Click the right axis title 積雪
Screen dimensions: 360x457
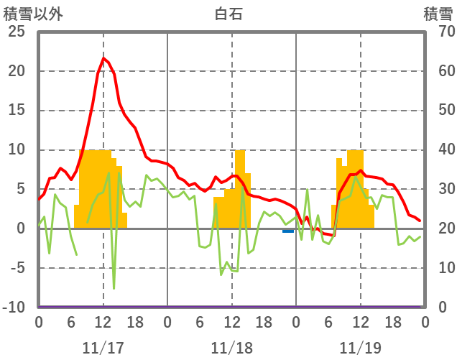tap(438, 14)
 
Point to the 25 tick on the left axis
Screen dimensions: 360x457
tap(16, 32)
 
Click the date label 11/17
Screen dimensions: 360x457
tap(103, 348)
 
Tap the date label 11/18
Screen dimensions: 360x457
tap(231, 348)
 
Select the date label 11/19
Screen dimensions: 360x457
tap(360, 348)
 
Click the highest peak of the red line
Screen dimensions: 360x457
tap(103, 58)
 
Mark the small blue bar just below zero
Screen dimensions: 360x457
tap(288, 231)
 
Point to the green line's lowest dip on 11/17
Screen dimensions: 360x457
tap(114, 289)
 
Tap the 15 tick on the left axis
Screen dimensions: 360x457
tap(16, 111)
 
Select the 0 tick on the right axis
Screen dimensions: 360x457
tap(440, 308)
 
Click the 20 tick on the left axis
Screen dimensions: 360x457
tap(16, 71)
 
